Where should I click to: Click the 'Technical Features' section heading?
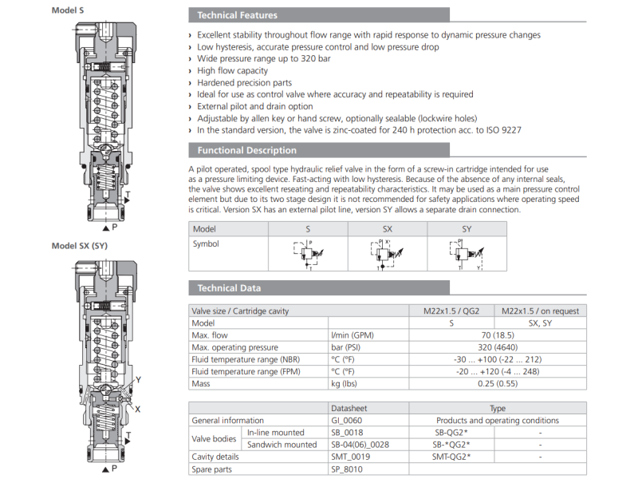pos(237,14)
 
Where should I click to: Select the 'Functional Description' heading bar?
pos(246,150)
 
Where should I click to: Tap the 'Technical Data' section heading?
pos(229,287)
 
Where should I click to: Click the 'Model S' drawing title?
pos(69,10)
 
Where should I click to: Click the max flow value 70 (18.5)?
pos(497,335)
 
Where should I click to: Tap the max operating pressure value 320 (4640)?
pos(497,347)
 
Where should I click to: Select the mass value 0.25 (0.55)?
pos(497,384)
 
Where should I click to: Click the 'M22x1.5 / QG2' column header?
pos(451,311)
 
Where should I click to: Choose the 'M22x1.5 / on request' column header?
pos(540,311)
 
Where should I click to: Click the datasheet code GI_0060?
pos(349,420)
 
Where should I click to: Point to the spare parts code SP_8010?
pos(349,469)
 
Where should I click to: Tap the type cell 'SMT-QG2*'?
pos(451,457)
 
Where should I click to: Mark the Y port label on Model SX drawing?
pos(139,380)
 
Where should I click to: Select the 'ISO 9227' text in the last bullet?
pos(502,130)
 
